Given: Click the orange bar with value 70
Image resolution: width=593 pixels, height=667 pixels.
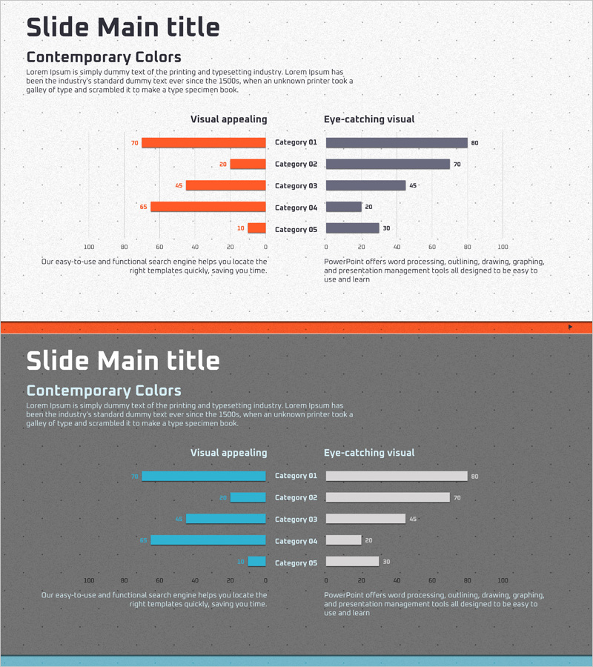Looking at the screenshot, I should pyautogui.click(x=204, y=143).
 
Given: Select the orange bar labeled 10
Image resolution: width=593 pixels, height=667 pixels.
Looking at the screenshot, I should pyautogui.click(x=256, y=228).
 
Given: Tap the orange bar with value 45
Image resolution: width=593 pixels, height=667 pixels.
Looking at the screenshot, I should pyautogui.click(x=225, y=185).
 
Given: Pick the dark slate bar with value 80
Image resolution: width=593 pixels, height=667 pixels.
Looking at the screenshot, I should pyautogui.click(x=397, y=143).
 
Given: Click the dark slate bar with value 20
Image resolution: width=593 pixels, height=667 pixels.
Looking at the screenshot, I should pyautogui.click(x=344, y=208).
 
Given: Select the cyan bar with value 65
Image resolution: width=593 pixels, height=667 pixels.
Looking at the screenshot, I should pyautogui.click(x=208, y=540).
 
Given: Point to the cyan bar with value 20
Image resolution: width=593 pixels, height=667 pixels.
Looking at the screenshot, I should pyautogui.click(x=248, y=497).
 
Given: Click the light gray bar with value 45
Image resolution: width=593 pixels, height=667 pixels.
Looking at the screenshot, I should pyautogui.click(x=365, y=519).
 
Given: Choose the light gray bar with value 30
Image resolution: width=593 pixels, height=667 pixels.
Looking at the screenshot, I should pyautogui.click(x=352, y=562).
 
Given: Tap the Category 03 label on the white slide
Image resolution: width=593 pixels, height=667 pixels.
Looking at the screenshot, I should pyautogui.click(x=296, y=186).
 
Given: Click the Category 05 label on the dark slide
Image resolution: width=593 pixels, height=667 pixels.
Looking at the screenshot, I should pyautogui.click(x=296, y=563).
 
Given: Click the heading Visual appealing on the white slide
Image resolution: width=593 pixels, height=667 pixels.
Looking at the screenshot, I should pyautogui.click(x=228, y=119).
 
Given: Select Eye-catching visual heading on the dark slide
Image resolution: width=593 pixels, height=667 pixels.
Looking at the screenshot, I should pyautogui.click(x=369, y=453).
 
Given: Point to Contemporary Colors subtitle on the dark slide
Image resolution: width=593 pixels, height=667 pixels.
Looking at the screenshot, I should pyautogui.click(x=104, y=391).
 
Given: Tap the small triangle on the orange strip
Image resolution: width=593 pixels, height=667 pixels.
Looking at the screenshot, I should pyautogui.click(x=570, y=326).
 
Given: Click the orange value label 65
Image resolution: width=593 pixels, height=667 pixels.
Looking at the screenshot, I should pyautogui.click(x=143, y=208).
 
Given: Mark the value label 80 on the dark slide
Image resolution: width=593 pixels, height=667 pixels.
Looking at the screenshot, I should pyautogui.click(x=474, y=477).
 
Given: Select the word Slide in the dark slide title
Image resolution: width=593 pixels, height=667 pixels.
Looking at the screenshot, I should pyautogui.click(x=59, y=361).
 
